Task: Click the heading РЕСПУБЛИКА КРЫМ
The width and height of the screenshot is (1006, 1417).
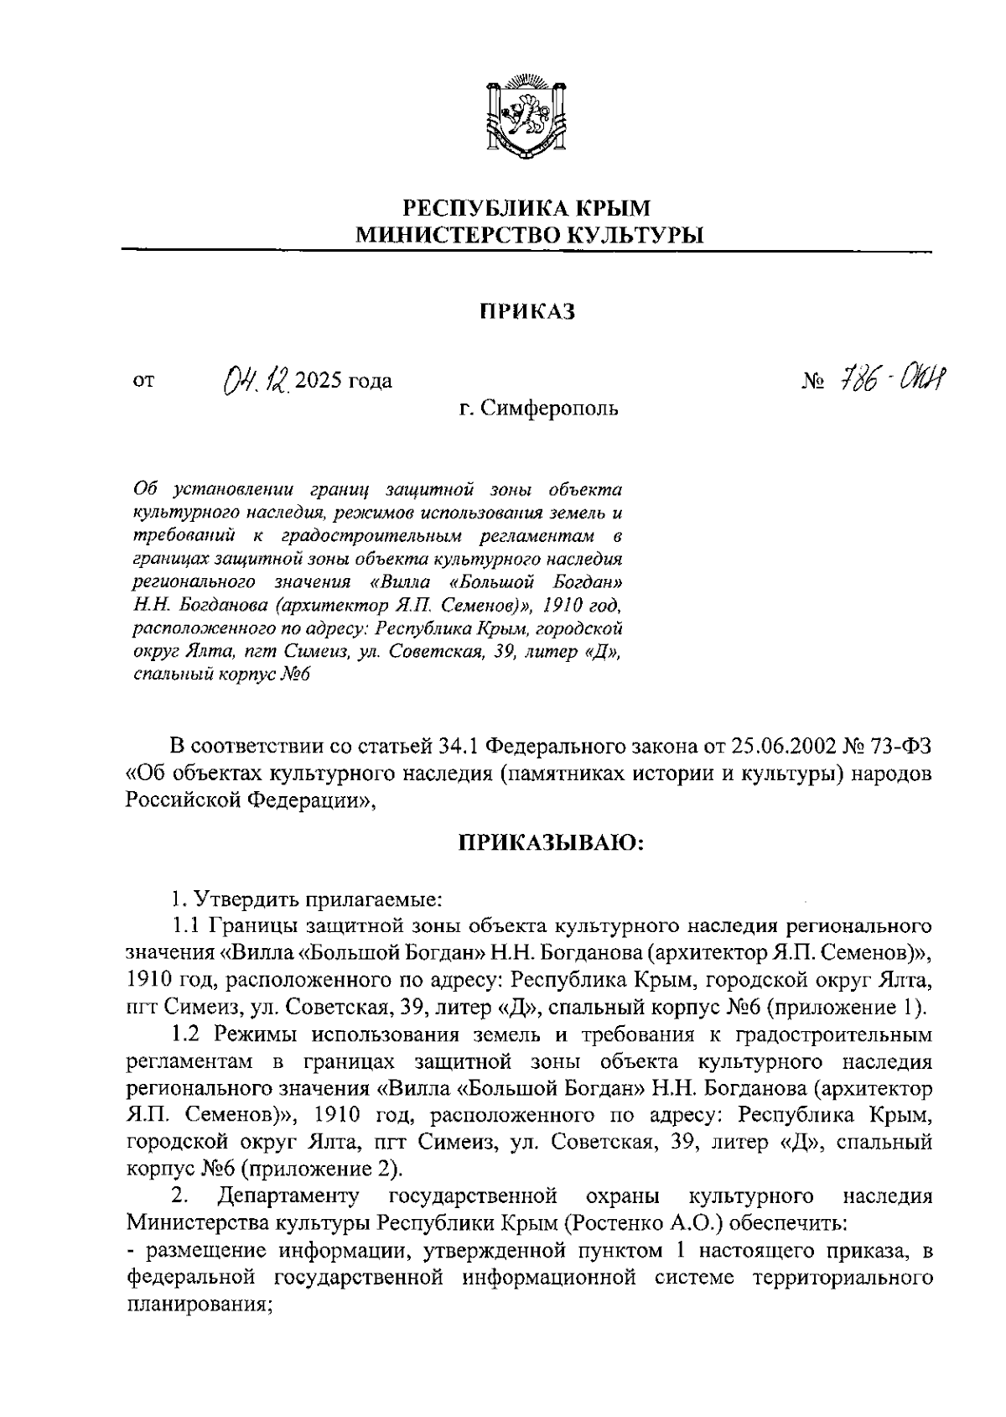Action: (x=527, y=207)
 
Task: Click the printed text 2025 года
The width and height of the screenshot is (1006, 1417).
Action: (x=343, y=382)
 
